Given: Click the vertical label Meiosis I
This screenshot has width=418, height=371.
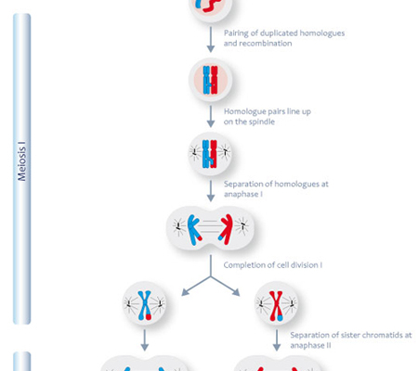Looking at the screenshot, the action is click(x=21, y=161).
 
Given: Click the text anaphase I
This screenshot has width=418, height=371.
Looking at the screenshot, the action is click(x=243, y=194).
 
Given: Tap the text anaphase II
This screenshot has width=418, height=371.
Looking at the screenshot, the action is click(x=310, y=345).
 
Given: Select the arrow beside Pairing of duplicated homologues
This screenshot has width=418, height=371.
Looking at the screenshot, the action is click(x=211, y=39).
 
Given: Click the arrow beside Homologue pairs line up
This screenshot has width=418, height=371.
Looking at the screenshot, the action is click(x=211, y=116).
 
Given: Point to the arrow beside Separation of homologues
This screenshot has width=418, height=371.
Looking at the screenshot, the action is click(x=211, y=191).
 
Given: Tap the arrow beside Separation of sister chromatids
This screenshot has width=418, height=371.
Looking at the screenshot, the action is click(x=277, y=340).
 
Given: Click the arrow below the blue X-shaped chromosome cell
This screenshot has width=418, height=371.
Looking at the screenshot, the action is click(x=144, y=340).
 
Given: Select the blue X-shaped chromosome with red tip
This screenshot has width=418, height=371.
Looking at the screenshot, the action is click(x=144, y=305).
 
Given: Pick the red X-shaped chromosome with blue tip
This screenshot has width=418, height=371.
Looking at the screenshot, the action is click(x=276, y=305).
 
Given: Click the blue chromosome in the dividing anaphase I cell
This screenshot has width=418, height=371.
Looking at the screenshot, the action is click(x=193, y=230).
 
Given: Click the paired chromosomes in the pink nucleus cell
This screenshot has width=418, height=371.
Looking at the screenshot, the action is click(x=211, y=80).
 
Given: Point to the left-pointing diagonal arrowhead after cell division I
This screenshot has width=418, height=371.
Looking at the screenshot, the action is click(x=185, y=292).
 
